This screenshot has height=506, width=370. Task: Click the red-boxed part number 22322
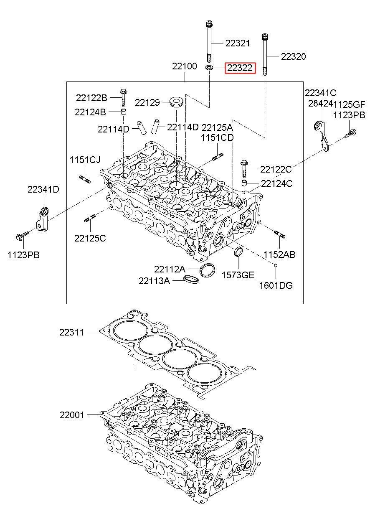tap(239, 68)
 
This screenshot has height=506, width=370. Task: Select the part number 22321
tap(238, 43)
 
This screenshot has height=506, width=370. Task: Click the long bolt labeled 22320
tap(265, 54)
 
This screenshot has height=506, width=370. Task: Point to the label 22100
tap(185, 66)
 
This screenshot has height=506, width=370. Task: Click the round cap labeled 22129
tap(176, 102)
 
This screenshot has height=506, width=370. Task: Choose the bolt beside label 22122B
tap(123, 97)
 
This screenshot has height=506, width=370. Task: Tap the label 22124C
tap(276, 183)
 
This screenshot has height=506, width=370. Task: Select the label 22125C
tap(90, 238)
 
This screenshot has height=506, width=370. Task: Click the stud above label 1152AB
tap(279, 234)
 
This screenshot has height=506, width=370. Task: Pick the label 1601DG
tap(276, 286)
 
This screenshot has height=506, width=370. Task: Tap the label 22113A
tap(154, 281)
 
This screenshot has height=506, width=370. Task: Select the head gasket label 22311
tap(71, 333)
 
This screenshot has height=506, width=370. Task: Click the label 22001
tap(71, 415)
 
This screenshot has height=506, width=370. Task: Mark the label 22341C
tap(320, 93)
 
